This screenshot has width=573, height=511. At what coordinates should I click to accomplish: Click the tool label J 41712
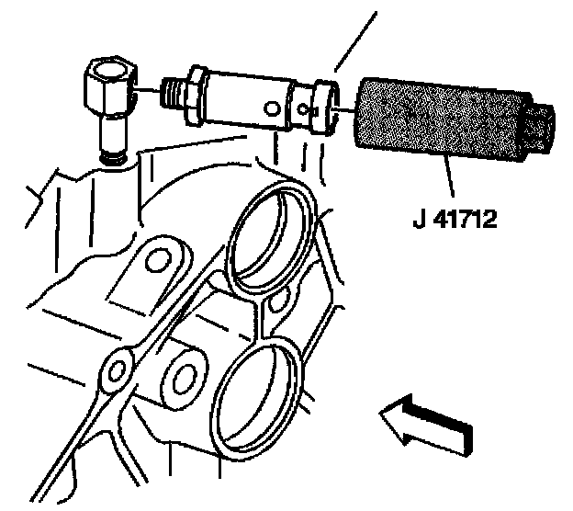[452, 221]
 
